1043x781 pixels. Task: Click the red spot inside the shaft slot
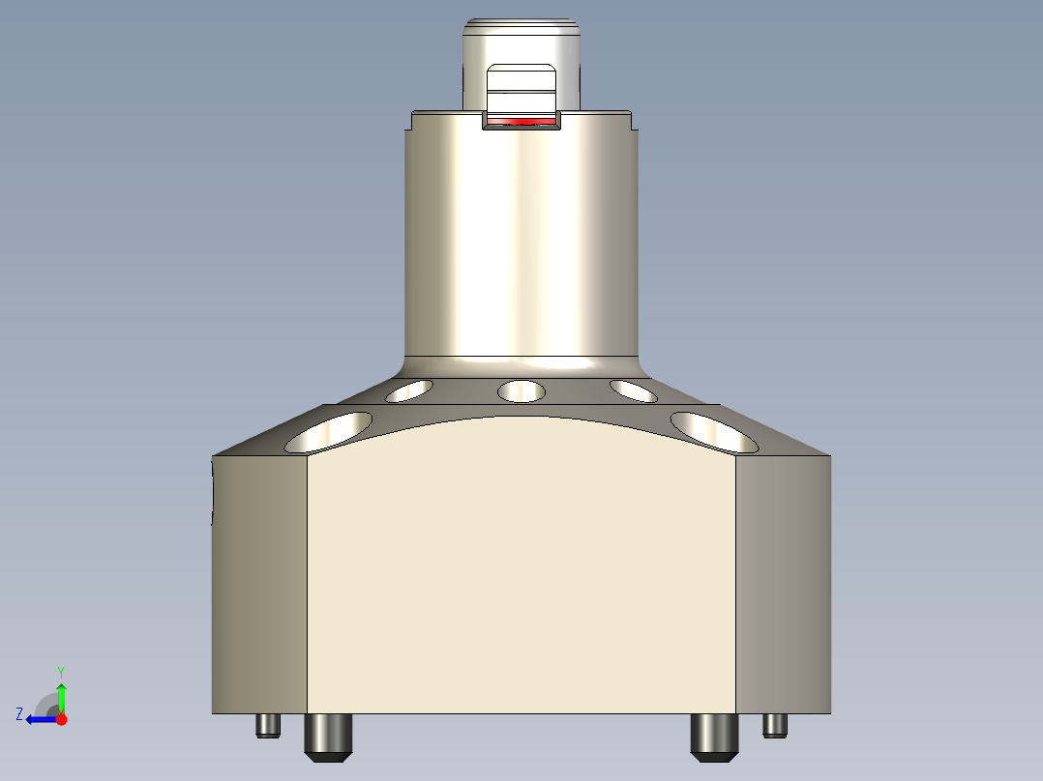coord(521,122)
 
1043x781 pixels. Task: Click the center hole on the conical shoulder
coord(521,391)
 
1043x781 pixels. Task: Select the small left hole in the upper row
coord(408,391)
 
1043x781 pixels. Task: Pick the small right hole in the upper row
coord(634,391)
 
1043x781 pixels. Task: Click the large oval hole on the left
coord(329,432)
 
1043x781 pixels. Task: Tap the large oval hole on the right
coord(714,432)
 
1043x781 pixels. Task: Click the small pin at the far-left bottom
coord(268,725)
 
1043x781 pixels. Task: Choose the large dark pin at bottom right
coord(715,736)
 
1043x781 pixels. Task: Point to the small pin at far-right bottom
coord(775,725)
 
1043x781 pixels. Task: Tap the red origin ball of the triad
coord(61,719)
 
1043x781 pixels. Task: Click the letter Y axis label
coord(60,671)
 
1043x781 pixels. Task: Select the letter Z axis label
coord(18,714)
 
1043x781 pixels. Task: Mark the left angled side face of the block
coord(259,585)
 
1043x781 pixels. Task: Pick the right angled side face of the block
coord(783,585)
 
